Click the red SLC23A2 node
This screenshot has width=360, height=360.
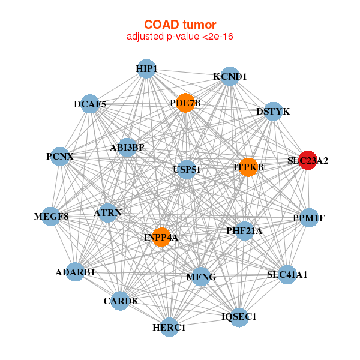tap(307, 160)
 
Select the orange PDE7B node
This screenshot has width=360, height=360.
tap(185, 103)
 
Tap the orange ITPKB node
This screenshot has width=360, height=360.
tap(248, 167)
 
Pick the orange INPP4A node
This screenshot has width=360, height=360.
tap(161, 237)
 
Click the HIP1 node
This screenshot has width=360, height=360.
tap(146, 69)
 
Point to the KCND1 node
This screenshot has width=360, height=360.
tap(230, 77)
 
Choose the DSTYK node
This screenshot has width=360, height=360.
tap(273, 112)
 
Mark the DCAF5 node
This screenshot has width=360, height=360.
tap(90, 104)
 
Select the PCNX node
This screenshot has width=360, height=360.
tap(60, 157)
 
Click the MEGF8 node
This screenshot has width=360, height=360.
tap(52, 216)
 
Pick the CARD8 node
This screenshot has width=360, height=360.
tap(120, 301)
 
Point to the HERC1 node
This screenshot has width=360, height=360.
tap(170, 327)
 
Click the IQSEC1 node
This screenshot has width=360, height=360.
tap(239, 317)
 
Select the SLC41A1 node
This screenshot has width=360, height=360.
tap(287, 275)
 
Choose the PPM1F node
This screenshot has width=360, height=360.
tap(308, 218)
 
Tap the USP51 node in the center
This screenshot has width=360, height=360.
tap(187, 170)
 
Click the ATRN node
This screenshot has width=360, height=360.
tap(108, 212)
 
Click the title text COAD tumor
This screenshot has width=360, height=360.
tap(180, 25)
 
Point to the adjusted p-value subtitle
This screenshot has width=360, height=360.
tap(180, 37)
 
